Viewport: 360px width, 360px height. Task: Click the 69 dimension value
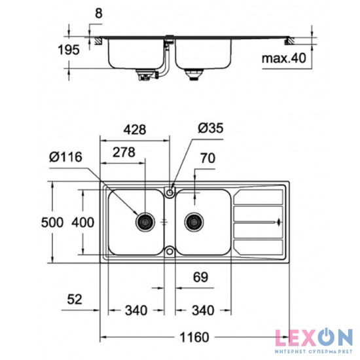(200, 278)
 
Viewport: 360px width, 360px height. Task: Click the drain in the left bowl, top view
(145, 222)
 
